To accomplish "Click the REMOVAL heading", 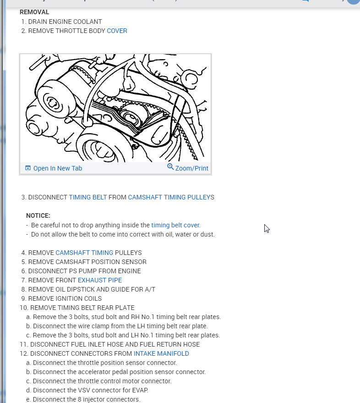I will pyautogui.click(x=34, y=12).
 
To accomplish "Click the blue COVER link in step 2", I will pyautogui.click(x=117, y=31).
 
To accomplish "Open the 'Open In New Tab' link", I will pyautogui.click(x=57, y=168).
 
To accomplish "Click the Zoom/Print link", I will pyautogui.click(x=191, y=168).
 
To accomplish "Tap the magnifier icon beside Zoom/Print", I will pyautogui.click(x=170, y=167).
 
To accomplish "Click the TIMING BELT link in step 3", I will pyautogui.click(x=87, y=197).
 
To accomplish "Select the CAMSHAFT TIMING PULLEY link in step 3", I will pyautogui.click(x=169, y=197).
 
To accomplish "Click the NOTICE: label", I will pyautogui.click(x=38, y=215).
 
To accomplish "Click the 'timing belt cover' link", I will pyautogui.click(x=175, y=225).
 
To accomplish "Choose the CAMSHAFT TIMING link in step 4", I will pyautogui.click(x=84, y=253).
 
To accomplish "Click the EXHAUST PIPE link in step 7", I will pyautogui.click(x=100, y=280).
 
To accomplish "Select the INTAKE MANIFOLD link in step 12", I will pyautogui.click(x=161, y=353).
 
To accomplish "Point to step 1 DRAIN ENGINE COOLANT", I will pyautogui.click(x=65, y=22).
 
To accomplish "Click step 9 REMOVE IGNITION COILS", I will pyautogui.click(x=65, y=298).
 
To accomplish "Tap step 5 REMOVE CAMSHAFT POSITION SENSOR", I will pyautogui.click(x=87, y=262).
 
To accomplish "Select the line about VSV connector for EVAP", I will pyautogui.click(x=90, y=390).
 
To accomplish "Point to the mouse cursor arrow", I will pyautogui.click(x=267, y=228).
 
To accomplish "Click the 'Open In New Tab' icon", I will pyautogui.click(x=28, y=168).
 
